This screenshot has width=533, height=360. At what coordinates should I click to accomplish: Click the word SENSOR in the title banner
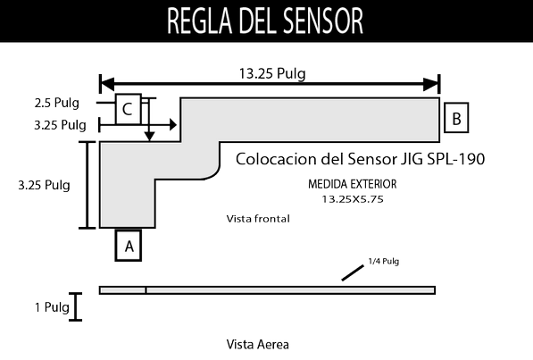point(323,21)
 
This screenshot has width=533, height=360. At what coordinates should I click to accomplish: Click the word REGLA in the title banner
point(199,21)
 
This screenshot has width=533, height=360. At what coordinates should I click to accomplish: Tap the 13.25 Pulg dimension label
point(272,74)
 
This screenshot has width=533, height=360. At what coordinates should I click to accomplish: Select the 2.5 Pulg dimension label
point(56,103)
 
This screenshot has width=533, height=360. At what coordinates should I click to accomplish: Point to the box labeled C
point(129,109)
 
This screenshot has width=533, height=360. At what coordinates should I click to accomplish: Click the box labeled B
point(456,118)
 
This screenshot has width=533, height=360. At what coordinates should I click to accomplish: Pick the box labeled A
point(129,246)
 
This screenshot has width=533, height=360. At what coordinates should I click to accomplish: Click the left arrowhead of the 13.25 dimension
point(107,84)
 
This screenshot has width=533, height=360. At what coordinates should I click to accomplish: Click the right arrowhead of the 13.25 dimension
point(431,84)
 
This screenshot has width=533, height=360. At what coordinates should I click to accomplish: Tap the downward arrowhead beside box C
point(149,137)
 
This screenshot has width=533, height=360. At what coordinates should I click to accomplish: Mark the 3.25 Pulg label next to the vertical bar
point(44,185)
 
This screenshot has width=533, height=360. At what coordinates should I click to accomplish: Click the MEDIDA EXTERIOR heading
point(352,184)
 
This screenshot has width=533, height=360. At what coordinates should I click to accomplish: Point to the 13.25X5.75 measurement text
point(353,199)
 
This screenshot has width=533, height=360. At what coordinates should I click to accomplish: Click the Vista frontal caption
point(258,219)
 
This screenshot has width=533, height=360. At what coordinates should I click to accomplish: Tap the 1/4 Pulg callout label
point(383,262)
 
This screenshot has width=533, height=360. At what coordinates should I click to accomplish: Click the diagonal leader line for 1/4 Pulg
point(353,273)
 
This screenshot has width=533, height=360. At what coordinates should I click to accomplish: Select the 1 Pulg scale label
point(52,307)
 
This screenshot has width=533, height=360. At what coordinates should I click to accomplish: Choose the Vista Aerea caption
point(258,344)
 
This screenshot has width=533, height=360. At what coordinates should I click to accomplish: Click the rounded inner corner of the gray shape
point(214,174)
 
